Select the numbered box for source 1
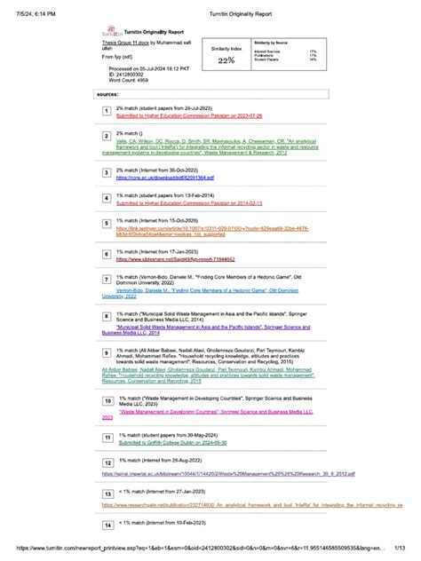106,110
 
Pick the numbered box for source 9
106,352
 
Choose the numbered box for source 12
106,462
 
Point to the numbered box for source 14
106,525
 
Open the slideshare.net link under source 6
176,259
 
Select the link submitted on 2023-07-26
184,115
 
